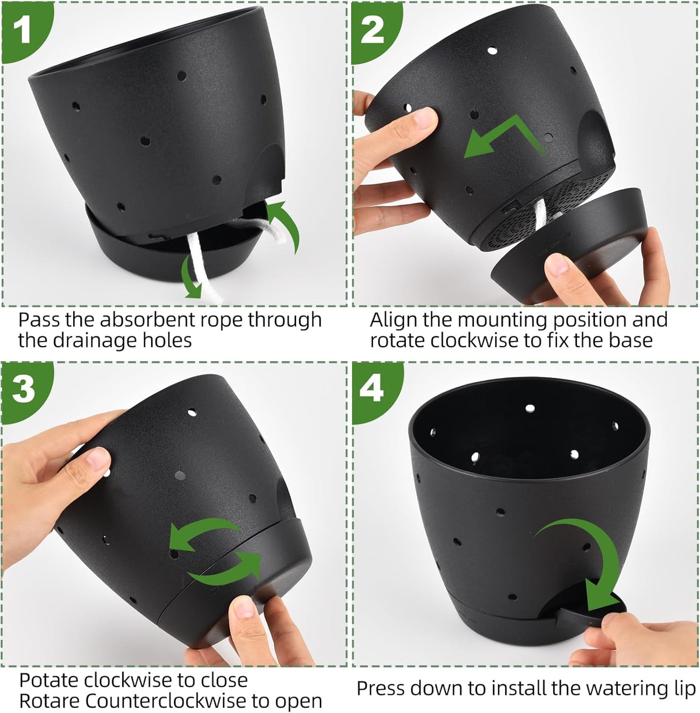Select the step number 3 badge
[23, 388]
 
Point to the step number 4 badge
[372, 388]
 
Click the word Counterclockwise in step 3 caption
[171, 701]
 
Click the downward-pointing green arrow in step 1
[190, 279]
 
